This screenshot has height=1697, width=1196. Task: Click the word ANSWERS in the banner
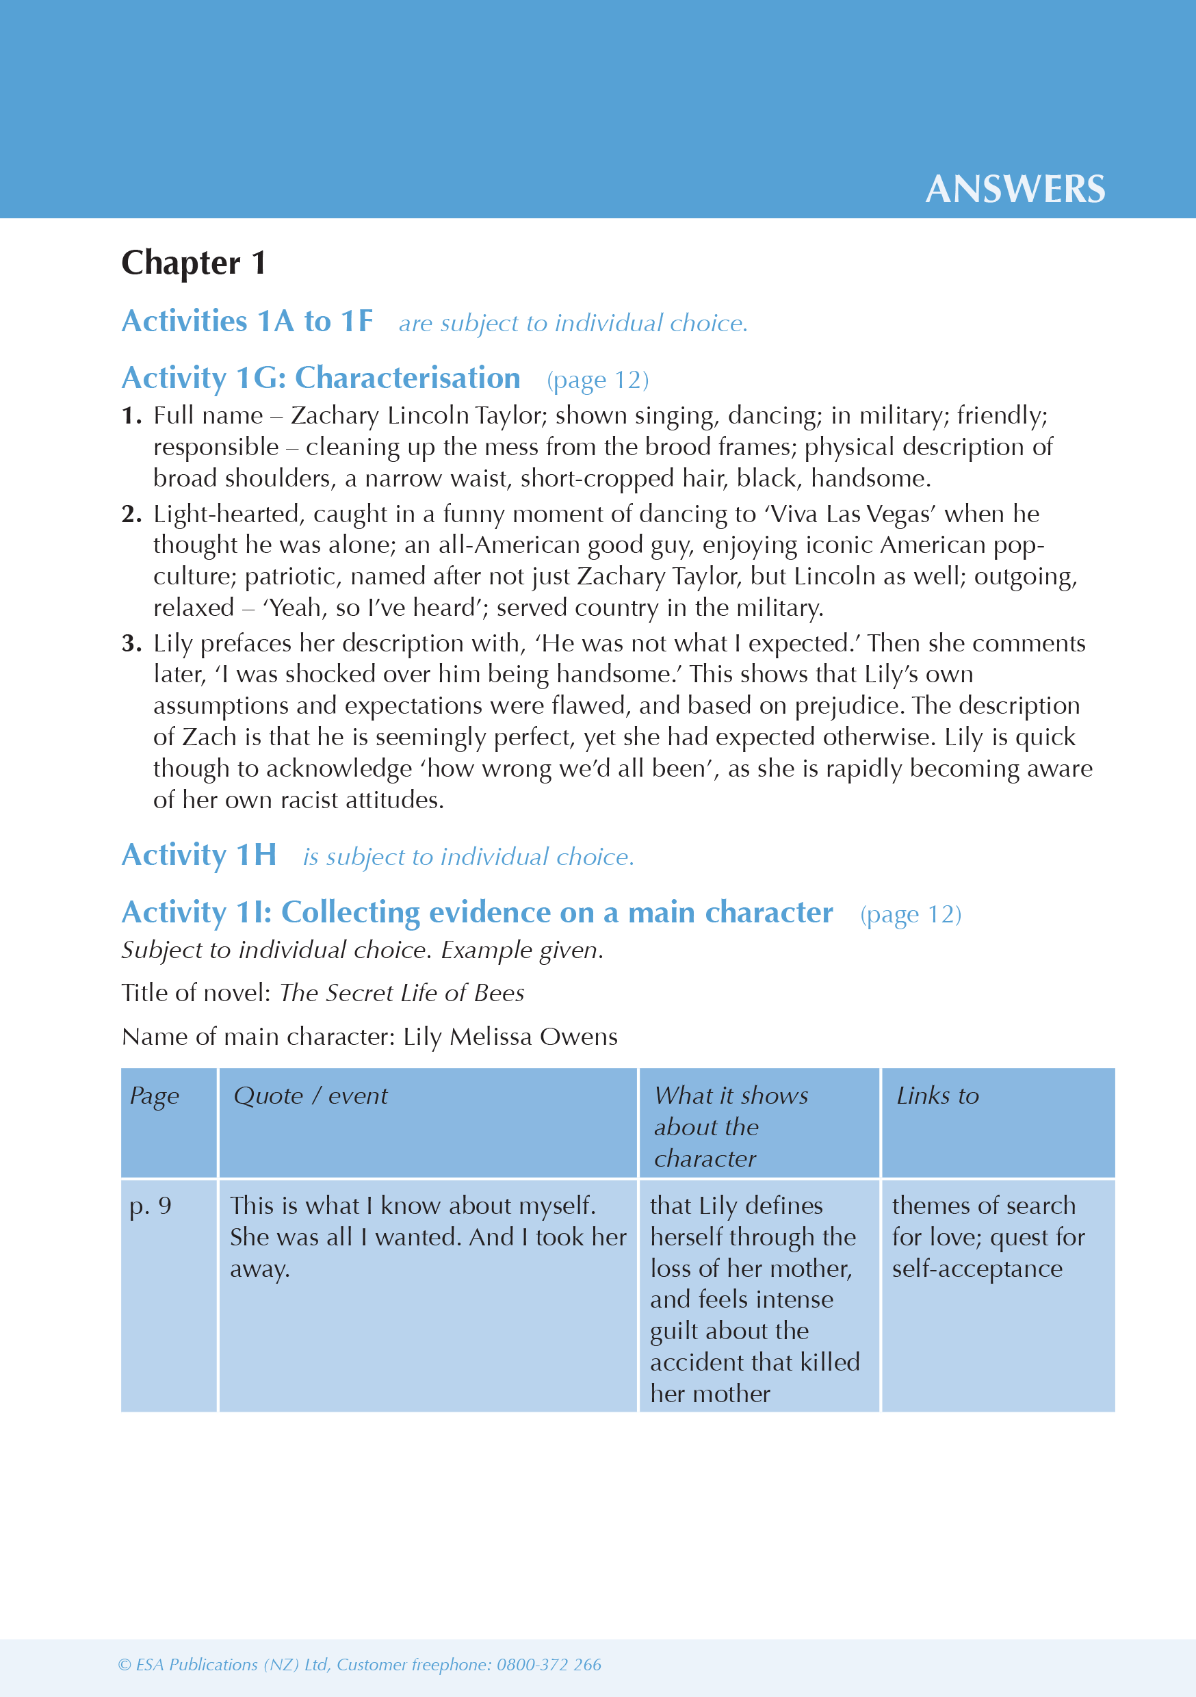(1015, 190)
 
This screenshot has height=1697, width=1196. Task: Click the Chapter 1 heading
(194, 263)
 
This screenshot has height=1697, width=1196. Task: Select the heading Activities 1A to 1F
(248, 322)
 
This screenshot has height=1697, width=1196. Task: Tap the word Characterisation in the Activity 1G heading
(407, 378)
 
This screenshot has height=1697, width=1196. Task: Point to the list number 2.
(131, 514)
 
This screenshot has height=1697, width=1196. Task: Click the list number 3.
(131, 643)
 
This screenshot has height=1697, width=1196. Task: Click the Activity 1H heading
(199, 855)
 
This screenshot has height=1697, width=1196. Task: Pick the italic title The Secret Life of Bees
(402, 993)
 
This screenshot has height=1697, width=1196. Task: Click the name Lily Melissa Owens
(510, 1037)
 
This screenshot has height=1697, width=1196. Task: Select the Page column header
(155, 1096)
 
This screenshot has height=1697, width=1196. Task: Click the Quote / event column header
(311, 1096)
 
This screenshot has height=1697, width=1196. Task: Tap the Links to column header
(937, 1096)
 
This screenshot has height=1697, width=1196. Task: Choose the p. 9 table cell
(151, 1206)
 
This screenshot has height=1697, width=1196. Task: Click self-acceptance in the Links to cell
(976, 1269)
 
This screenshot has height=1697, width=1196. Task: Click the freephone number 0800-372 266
(549, 1664)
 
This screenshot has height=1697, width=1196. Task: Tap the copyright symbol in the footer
(124, 1664)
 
